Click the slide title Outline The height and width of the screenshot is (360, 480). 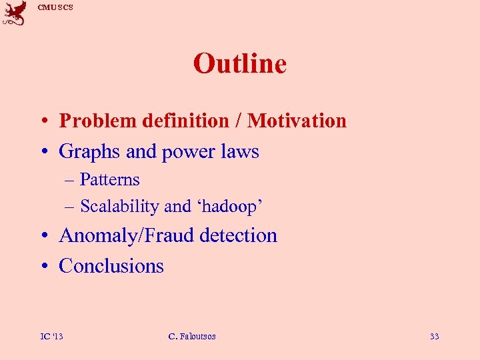[239, 64]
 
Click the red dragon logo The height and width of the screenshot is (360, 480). [14, 14]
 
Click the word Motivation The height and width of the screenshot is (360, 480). [297, 121]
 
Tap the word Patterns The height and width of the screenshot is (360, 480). [109, 179]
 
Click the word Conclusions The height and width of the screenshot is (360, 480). [111, 266]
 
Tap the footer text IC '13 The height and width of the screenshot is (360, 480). [51, 336]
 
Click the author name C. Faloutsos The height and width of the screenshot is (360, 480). [192, 336]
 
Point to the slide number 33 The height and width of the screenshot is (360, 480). [434, 336]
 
